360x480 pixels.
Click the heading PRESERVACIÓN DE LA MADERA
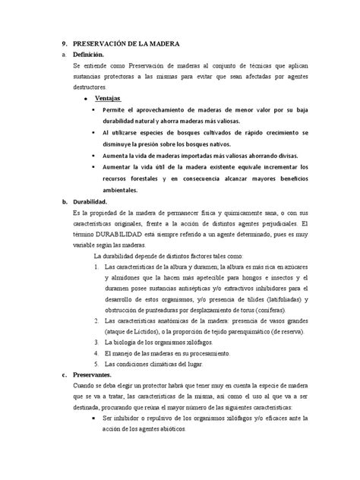[126, 45]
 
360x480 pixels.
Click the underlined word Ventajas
[108, 99]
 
